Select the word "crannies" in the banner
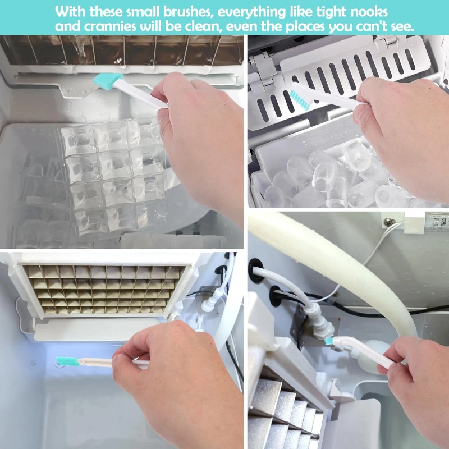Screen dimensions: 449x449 click(110, 26)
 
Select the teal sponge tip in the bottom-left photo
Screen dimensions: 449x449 click(68, 361)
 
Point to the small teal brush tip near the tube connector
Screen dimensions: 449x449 click(329, 341)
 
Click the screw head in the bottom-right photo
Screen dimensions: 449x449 click(388, 221)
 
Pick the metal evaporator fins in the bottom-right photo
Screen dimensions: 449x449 click(283, 415)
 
